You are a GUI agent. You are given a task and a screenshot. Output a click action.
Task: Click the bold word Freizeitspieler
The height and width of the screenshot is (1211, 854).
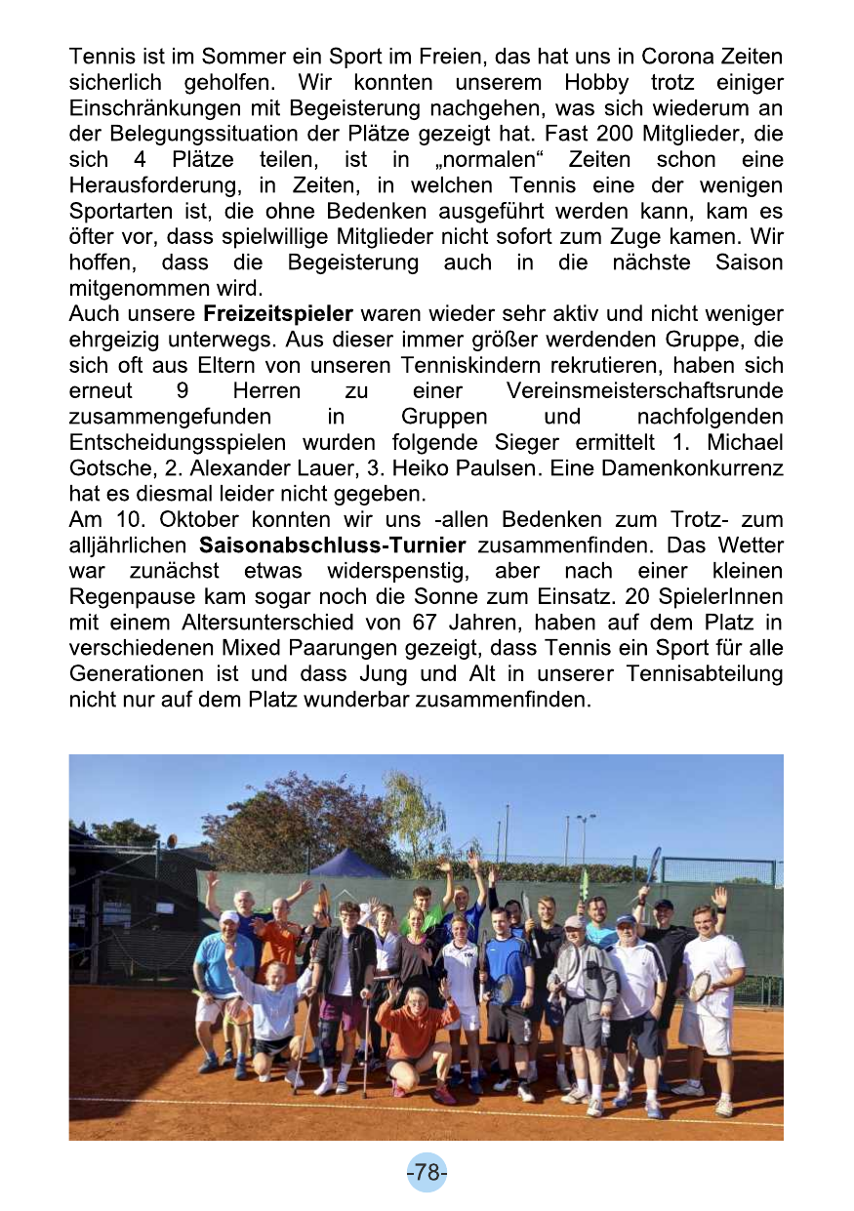pos(277,314)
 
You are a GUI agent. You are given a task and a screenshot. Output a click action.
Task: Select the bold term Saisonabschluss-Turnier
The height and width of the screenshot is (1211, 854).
pos(332,545)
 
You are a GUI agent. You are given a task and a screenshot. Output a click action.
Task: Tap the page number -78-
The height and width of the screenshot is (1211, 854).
pos(427,1172)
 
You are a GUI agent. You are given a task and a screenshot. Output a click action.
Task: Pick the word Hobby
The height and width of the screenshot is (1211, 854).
pos(595,83)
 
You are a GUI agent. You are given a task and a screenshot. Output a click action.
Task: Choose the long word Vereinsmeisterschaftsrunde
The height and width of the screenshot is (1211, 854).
pos(644,391)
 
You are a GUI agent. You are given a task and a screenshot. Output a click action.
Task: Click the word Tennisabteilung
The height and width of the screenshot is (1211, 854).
pos(704,673)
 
